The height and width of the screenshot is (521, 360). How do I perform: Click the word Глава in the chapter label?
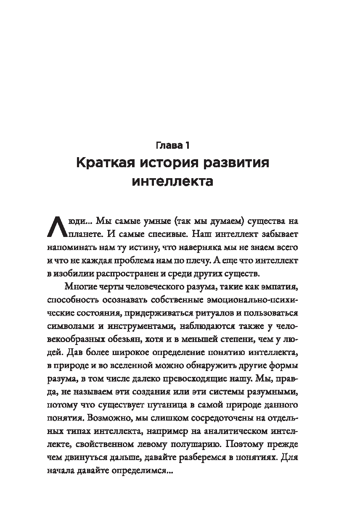coord(167,146)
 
